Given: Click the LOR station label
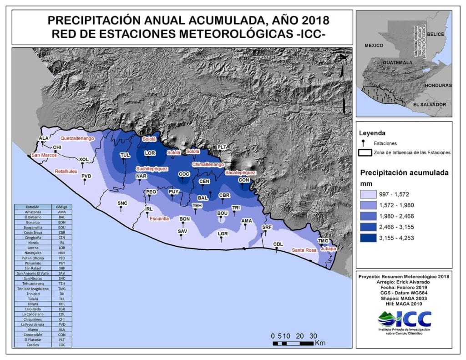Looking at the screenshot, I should tap(150, 153).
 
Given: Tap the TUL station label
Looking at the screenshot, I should tap(125, 155).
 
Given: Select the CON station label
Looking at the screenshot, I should tap(244, 180).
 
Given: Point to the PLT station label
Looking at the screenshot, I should tap(221, 147).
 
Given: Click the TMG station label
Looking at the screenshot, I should tap(323, 241).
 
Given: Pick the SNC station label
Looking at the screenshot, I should tap(122, 203).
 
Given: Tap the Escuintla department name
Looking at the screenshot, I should tap(160, 218).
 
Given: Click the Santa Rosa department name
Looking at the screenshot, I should tap(304, 250).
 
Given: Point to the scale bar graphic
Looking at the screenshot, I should tap(294, 343).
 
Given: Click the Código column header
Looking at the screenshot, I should tap(61, 207).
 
